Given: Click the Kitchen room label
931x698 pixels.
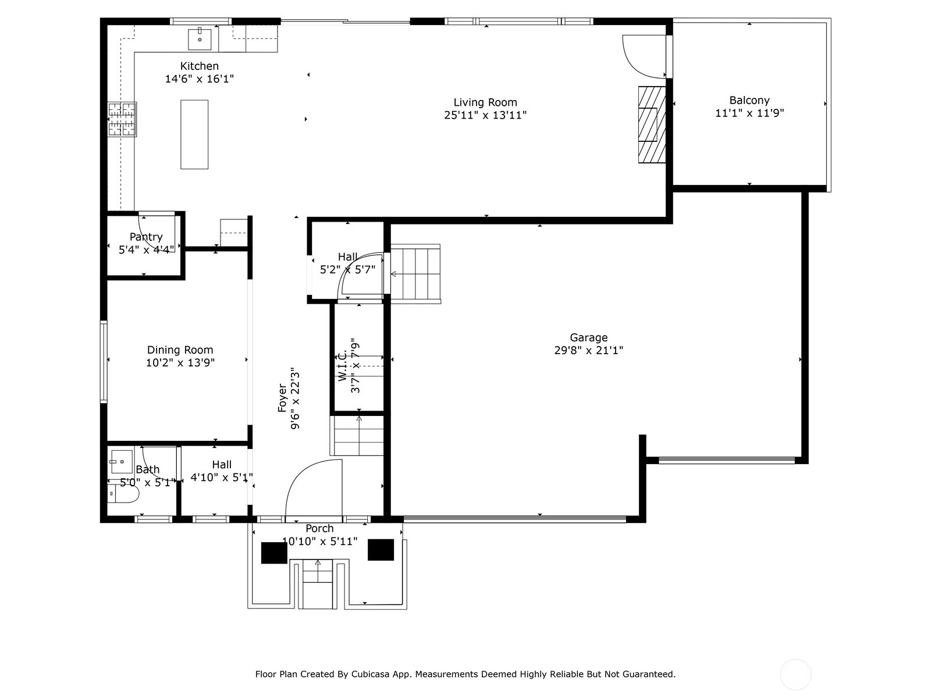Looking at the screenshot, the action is (200, 66).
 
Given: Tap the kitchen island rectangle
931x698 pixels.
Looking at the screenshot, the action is (194, 134).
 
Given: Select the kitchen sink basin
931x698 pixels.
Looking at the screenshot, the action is (200, 39).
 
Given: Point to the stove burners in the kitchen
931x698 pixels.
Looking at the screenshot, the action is (122, 119).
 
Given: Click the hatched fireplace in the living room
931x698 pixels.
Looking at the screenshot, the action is (652, 124).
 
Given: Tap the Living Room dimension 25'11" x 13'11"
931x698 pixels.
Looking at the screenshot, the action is (485, 115).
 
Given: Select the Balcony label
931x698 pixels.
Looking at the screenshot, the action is (749, 101).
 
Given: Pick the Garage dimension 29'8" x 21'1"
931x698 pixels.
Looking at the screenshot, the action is (588, 351).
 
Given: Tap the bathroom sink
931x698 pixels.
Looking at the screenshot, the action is (121, 461).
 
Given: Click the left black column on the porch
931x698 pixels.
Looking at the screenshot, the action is (274, 553).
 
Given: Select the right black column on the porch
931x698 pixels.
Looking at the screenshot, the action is (381, 550).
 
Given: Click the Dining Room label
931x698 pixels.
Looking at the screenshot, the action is (180, 350).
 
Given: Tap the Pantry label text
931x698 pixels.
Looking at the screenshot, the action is (146, 237).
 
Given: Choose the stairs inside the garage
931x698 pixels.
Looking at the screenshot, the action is (415, 274).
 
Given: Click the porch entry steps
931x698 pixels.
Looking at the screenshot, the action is (317, 584).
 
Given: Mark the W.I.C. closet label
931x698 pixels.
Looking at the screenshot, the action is (343, 365).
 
